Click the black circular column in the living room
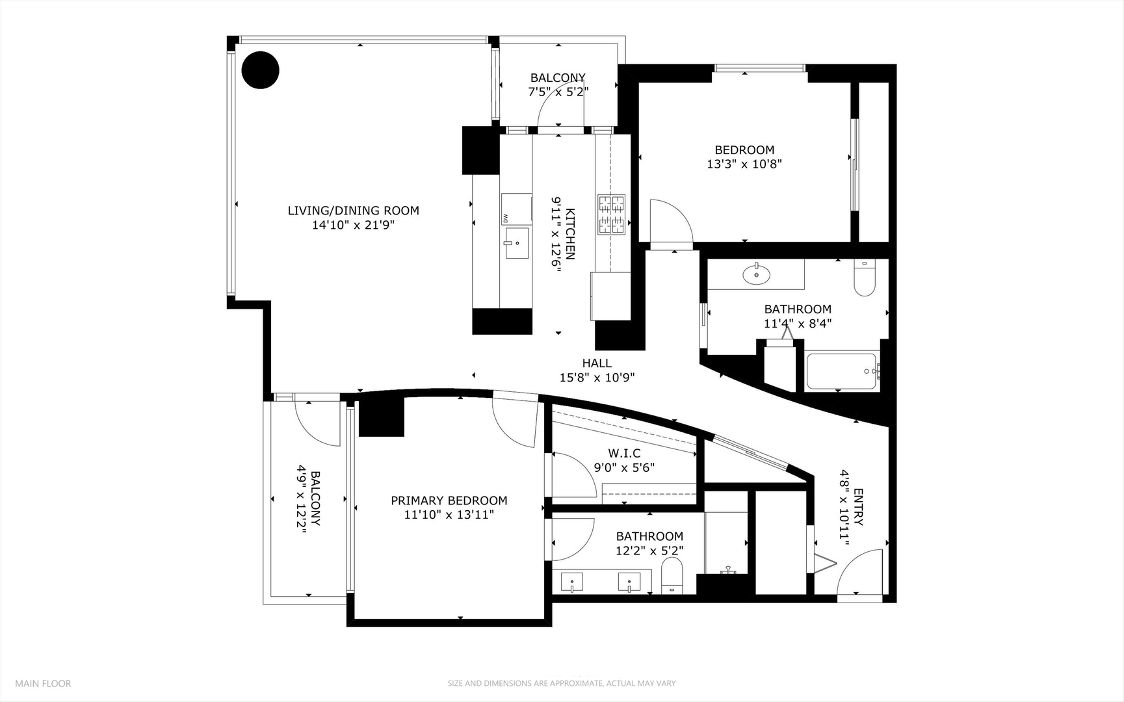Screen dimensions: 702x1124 pos(261,70)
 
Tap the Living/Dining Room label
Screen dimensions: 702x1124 pos(353,211)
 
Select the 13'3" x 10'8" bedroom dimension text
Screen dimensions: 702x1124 pos(744,164)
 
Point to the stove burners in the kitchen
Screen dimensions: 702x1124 pos(611,214)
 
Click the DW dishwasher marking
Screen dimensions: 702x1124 pos(504,218)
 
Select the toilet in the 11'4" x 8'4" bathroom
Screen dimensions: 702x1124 pos(865,279)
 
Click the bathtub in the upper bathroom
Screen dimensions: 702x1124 pos(842,371)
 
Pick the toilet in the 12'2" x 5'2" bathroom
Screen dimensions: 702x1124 pos(672,577)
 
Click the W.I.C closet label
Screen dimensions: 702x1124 pos(624,453)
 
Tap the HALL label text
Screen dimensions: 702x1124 pos(596,363)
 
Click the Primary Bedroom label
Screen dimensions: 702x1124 pos(449,500)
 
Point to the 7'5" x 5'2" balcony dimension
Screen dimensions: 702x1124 pos(558,92)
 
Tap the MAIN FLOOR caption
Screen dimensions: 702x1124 pos(43,683)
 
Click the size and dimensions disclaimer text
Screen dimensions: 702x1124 pos(561,683)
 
